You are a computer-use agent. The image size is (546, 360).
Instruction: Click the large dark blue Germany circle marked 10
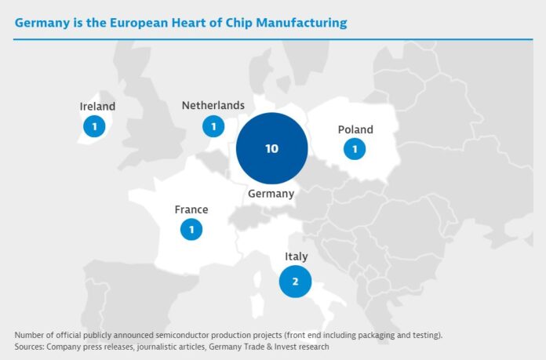pyautogui.click(x=271, y=148)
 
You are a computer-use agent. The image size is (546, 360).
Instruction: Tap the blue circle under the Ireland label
pyautogui.click(x=94, y=125)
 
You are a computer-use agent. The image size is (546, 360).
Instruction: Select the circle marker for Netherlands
pyautogui.click(x=213, y=125)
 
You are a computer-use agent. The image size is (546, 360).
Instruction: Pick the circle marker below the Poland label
pyautogui.click(x=355, y=148)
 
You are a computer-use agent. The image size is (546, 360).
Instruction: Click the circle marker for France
pyautogui.click(x=191, y=229)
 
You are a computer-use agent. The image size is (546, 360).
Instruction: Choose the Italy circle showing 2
pyautogui.click(x=295, y=282)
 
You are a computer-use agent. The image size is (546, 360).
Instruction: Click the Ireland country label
pyautogui.click(x=97, y=107)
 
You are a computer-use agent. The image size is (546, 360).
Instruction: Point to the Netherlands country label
pyautogui.click(x=213, y=105)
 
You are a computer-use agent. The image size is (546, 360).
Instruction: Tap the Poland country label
pyautogui.click(x=355, y=129)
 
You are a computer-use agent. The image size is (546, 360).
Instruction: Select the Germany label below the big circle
pyautogui.click(x=271, y=193)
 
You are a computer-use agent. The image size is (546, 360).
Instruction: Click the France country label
pyautogui.click(x=191, y=209)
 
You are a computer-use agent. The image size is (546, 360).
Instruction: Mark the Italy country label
pyautogui.click(x=297, y=256)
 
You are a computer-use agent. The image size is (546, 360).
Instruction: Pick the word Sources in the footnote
pyautogui.click(x=31, y=346)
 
